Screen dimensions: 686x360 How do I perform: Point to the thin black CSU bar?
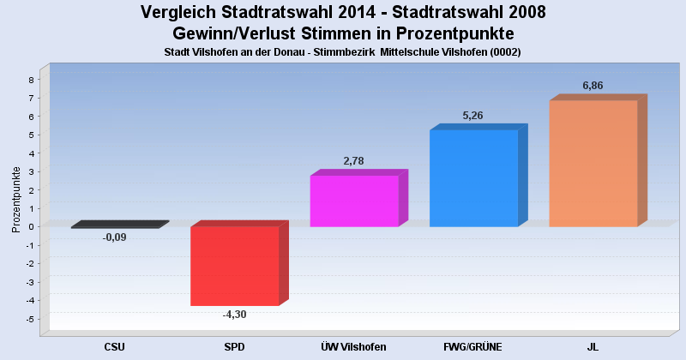tap(120, 225)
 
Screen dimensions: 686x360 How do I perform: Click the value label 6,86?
tap(593, 86)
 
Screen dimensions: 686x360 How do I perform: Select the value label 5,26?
tap(473, 116)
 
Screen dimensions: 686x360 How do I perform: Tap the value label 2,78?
tap(353, 161)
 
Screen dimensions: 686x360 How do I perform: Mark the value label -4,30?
tap(234, 315)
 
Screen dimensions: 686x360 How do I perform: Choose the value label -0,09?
tap(115, 237)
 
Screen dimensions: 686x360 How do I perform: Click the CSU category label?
tap(115, 347)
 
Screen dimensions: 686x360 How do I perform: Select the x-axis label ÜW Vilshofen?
tap(353, 347)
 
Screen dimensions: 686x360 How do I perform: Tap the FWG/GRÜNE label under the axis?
tap(473, 347)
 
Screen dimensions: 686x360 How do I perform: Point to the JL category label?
tap(593, 347)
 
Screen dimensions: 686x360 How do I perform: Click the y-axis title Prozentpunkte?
tap(16, 200)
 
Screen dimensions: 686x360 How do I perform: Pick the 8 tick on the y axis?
tap(31, 80)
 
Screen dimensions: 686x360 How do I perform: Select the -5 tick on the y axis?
tap(30, 319)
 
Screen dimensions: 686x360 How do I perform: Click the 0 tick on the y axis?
tap(31, 226)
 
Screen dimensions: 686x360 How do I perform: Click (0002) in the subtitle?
tap(505, 52)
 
